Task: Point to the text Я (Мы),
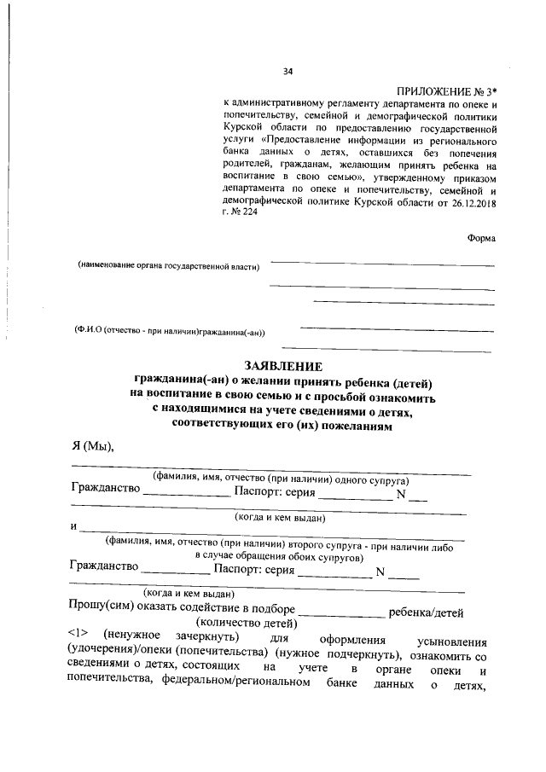click(x=93, y=449)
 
